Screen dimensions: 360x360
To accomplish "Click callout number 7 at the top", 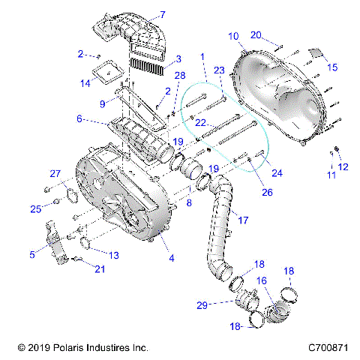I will tap(163, 14).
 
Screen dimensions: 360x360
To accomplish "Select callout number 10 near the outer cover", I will tap(233, 35).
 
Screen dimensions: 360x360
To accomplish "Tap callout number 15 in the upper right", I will tap(332, 67).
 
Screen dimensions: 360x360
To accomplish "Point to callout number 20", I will tap(256, 34).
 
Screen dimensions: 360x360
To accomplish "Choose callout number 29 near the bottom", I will tap(223, 304).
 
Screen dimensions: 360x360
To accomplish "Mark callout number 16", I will tap(262, 280).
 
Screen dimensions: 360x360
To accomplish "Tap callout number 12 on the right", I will tap(343, 166).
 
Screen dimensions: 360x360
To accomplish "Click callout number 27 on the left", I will tap(55, 174).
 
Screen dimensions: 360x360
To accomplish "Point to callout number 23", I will tap(219, 70).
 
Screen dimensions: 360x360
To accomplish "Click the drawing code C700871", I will tap(328, 348).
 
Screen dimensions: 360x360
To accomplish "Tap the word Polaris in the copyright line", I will tap(65, 348).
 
